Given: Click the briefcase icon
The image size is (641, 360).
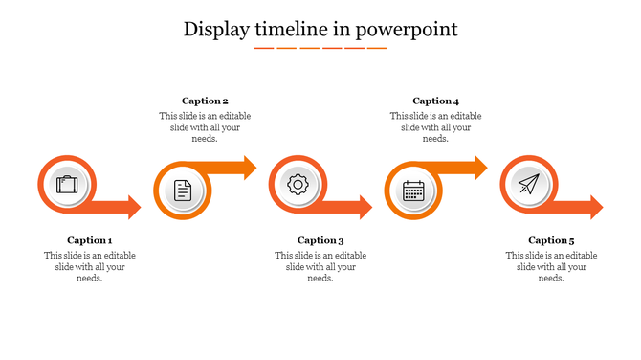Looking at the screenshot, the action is [x=67, y=184].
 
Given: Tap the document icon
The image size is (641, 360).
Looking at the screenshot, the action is [x=183, y=191].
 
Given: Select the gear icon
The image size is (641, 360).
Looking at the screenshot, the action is [x=298, y=184].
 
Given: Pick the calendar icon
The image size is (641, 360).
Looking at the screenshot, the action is [x=413, y=191].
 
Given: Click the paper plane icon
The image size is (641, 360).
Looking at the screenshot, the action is [x=528, y=184].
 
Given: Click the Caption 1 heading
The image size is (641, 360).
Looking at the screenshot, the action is [x=90, y=240].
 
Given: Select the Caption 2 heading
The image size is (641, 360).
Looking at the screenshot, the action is [x=205, y=101].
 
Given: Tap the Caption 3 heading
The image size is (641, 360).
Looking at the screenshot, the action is [x=320, y=240].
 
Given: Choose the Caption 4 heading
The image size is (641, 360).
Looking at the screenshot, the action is [x=436, y=101].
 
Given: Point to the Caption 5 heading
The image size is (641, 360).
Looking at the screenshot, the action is [x=551, y=240].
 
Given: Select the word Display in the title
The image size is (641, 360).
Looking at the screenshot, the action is [x=217, y=30].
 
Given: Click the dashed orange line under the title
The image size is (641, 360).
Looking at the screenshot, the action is [x=320, y=47].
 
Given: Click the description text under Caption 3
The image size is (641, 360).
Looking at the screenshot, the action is [x=320, y=266].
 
